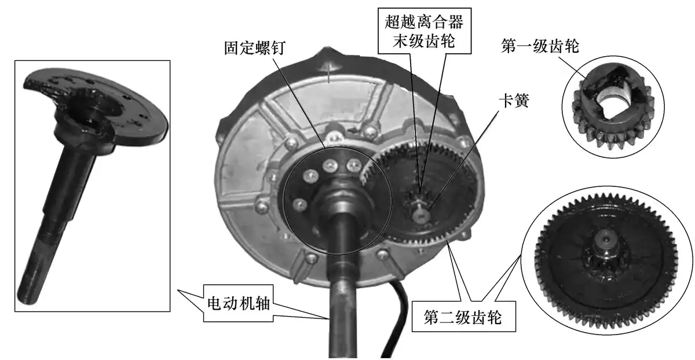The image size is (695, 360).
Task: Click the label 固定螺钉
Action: click(255, 48)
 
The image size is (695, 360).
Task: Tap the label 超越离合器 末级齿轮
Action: click(424, 31)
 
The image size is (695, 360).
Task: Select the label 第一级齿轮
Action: click(540, 46)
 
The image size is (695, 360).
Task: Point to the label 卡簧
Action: click(514, 101)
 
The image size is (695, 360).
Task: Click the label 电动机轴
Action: click(238, 303)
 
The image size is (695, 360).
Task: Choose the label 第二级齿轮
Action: click(463, 317)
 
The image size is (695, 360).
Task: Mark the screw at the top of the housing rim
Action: click(329, 67)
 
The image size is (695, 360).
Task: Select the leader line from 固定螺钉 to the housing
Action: click(299, 102)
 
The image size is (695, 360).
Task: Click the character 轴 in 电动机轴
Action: click(262, 303)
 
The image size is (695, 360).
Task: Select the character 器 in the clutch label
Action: click(455, 22)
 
